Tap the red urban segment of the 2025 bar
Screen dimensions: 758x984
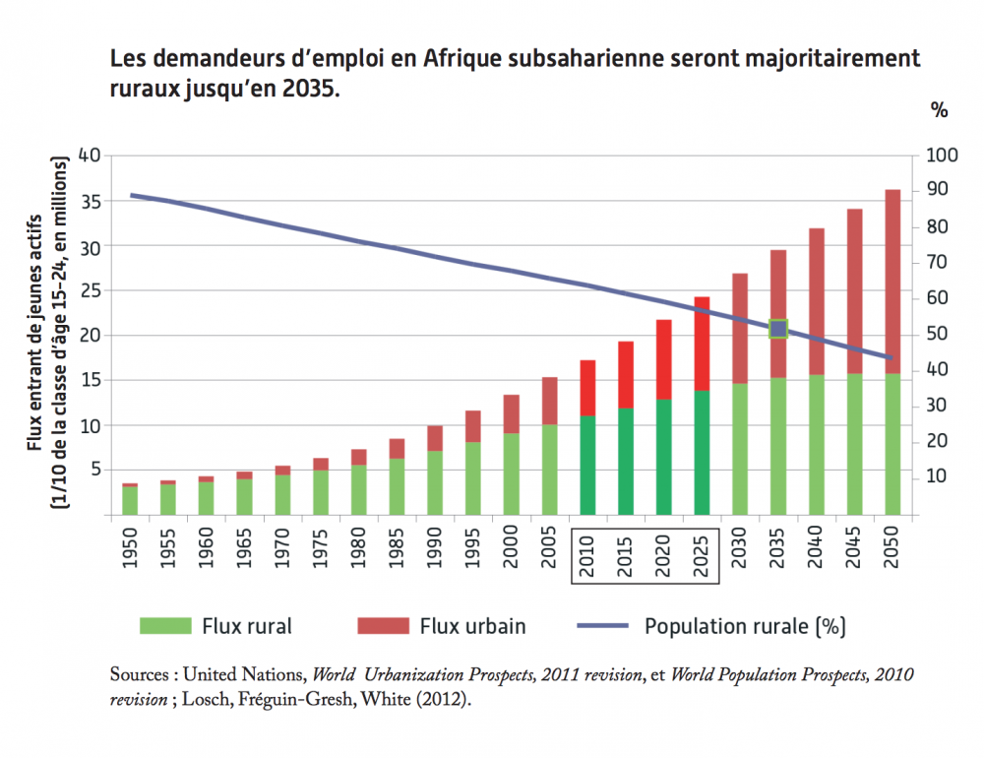coord(702,344)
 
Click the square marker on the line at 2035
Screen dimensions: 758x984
coord(778,329)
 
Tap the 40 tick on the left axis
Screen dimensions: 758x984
coord(90,156)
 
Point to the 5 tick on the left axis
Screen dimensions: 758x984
coord(95,471)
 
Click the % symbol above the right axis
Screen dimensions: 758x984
coord(940,110)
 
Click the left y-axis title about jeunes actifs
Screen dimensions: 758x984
coord(45,335)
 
